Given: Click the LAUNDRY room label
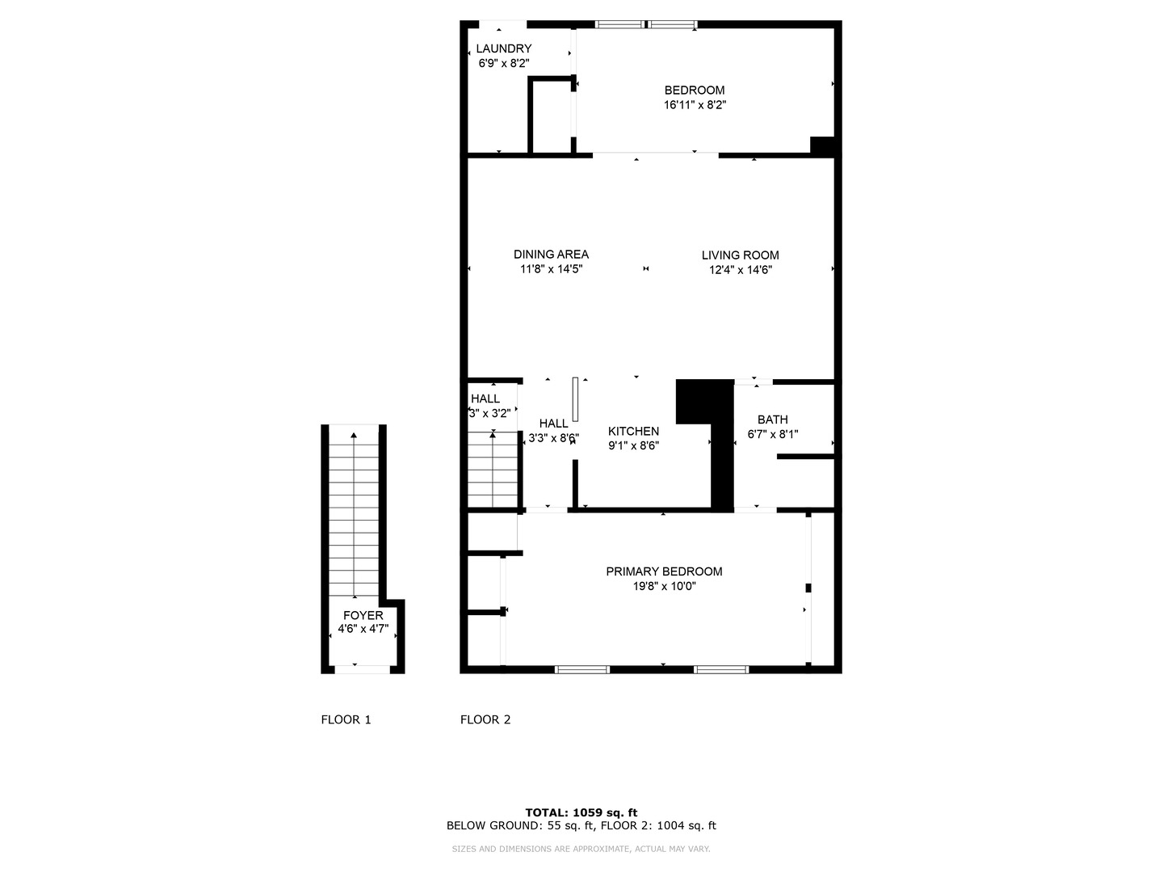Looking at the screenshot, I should pos(503,48).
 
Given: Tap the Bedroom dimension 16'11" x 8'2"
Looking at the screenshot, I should pos(695,104).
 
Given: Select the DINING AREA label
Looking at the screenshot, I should pos(551,254).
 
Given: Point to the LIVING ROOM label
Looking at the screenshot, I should pos(740,255).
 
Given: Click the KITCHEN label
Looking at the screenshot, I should pos(633,431).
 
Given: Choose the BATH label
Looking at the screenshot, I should pos(772,419).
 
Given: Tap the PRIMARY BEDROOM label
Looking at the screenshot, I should pos(664,571).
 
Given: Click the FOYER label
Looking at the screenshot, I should pos(363,615).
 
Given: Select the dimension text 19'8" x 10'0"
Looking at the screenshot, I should pos(664,586).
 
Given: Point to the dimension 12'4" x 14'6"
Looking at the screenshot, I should pos(740,270).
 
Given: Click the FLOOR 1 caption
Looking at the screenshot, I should pos(346,719).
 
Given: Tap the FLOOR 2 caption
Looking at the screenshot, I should pos(485,719).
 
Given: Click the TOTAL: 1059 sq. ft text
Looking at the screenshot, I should pos(581,812).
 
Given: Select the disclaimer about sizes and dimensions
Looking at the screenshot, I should pos(581,849).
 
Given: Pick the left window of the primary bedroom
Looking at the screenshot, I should pos(581,669).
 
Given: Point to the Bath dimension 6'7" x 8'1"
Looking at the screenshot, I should pos(772,434).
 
